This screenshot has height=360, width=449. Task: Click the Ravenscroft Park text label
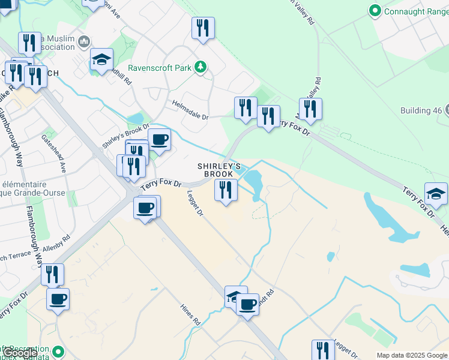(159, 68)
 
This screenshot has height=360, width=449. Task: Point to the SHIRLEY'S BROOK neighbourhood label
(220, 170)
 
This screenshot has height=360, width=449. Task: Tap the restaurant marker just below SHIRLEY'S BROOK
(226, 190)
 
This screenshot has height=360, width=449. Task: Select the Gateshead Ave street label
(53, 153)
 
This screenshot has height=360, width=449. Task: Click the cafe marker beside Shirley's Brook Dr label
(159, 139)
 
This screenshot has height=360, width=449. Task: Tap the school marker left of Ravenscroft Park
(102, 59)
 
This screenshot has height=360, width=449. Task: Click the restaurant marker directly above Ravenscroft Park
(203, 28)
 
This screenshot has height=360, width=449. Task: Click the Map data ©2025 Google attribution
(412, 355)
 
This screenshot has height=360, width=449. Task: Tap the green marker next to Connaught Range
(376, 10)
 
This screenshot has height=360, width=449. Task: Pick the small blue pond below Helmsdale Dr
(136, 118)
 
